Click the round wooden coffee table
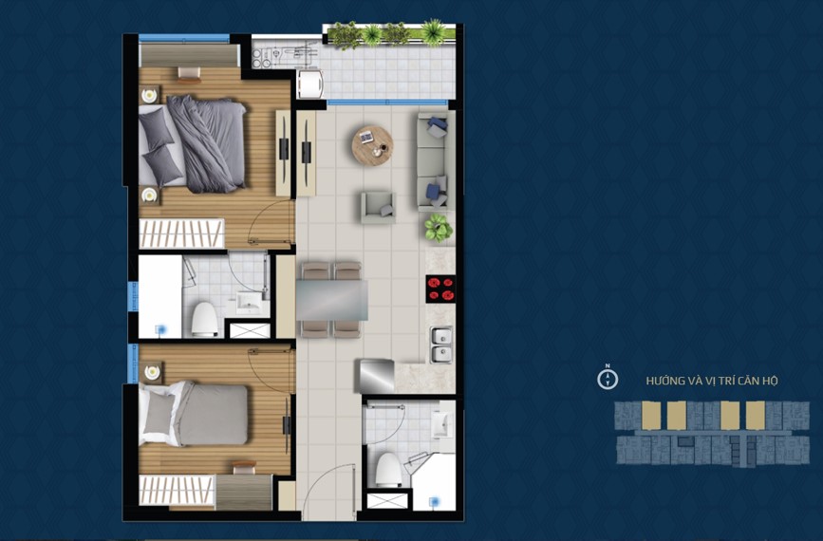pyautogui.click(x=372, y=145)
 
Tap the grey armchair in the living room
pyautogui.click(x=378, y=207)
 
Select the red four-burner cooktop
pyautogui.click(x=440, y=289)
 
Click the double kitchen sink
pyautogui.click(x=441, y=345)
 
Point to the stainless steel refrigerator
pyautogui.click(x=375, y=376)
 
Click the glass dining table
pyautogui.click(x=331, y=300)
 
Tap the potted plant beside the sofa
pyautogui.click(x=439, y=228)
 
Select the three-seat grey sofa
pyautogui.click(x=436, y=161)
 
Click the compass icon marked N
pyautogui.click(x=608, y=379)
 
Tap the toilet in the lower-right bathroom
pyautogui.click(x=388, y=469)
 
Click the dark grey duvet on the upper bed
pyautogui.click(x=207, y=143)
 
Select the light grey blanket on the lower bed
pyautogui.click(x=212, y=415)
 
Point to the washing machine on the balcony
pyautogui.click(x=309, y=84)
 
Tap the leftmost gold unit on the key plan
pyautogui.click(x=651, y=415)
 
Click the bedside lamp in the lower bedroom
pyautogui.click(x=152, y=373)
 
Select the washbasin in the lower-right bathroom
pyautogui.click(x=442, y=424)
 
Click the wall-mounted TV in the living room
pyautogui.click(x=306, y=152)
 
